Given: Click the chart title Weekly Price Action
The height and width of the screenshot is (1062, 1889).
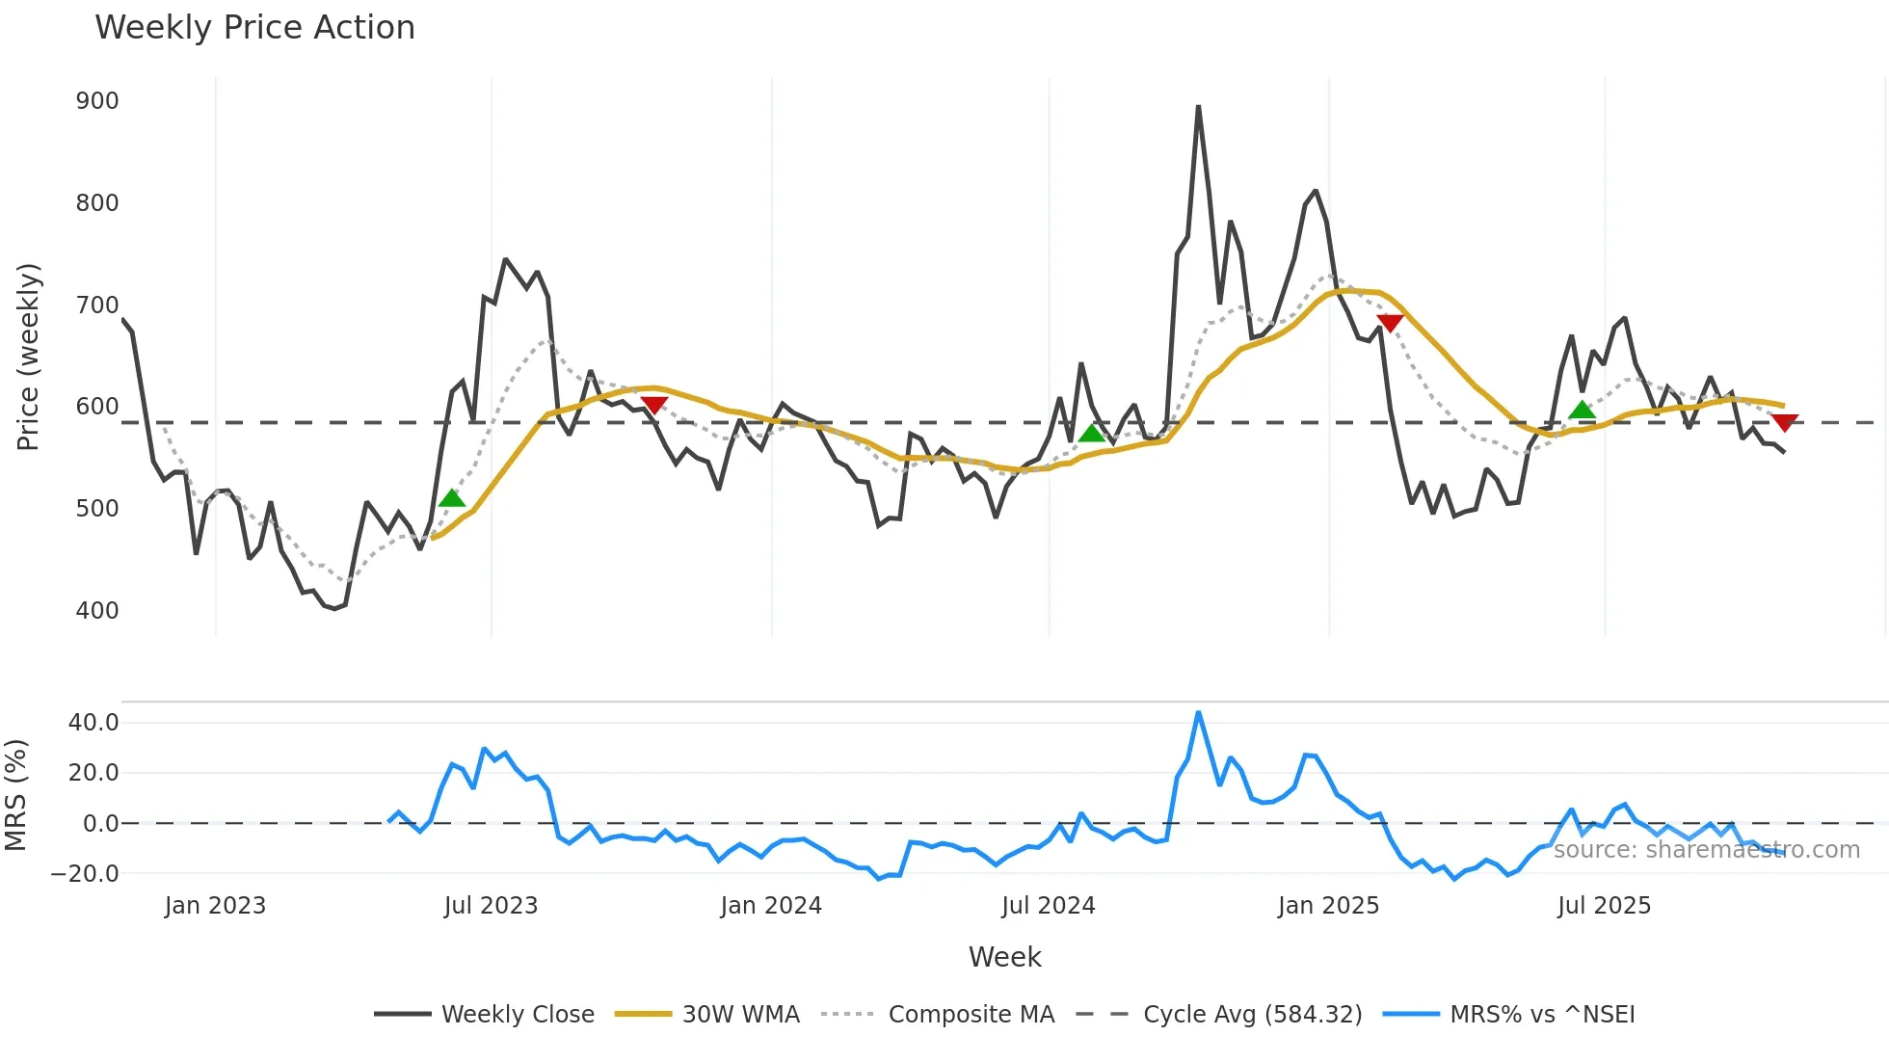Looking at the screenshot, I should pyautogui.click(x=254, y=28).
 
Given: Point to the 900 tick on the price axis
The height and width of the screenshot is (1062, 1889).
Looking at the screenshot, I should pyautogui.click(x=97, y=101).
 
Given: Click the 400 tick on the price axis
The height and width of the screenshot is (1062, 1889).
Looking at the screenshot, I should pyautogui.click(x=97, y=611).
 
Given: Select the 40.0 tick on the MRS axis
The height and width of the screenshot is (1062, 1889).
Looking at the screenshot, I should pyautogui.click(x=93, y=723).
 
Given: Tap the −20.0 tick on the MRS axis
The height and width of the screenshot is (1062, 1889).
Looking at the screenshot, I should pyautogui.click(x=86, y=874).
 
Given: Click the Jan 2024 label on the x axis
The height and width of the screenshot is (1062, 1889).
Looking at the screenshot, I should pyautogui.click(x=771, y=906).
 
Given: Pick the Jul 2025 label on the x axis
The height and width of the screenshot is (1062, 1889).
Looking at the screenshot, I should pyautogui.click(x=1604, y=906).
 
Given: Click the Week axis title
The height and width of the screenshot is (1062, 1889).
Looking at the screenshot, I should pyautogui.click(x=1004, y=957).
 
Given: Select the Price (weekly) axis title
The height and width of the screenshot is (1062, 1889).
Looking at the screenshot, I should pyautogui.click(x=28, y=357).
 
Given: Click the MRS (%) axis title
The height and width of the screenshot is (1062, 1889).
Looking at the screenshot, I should pyautogui.click(x=15, y=795).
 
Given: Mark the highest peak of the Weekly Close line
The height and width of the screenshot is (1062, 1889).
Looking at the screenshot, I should pyautogui.click(x=1198, y=107).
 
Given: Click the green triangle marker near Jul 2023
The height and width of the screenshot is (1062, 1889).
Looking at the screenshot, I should pyautogui.click(x=452, y=498).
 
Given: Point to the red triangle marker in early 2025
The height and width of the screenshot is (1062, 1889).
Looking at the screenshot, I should pyautogui.click(x=1390, y=323).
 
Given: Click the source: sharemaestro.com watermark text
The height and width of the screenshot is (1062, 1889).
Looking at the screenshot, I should pyautogui.click(x=1706, y=850).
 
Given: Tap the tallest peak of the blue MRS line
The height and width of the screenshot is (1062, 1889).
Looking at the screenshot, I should pyautogui.click(x=1198, y=713).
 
